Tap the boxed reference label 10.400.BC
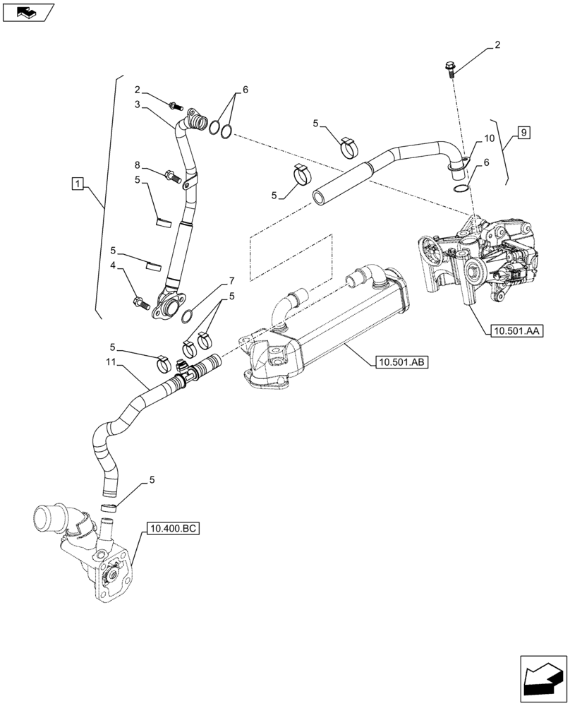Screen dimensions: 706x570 click(174, 528)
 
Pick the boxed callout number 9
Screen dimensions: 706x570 click(523, 132)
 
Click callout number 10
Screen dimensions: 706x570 click(490, 140)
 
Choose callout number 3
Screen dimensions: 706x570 click(138, 104)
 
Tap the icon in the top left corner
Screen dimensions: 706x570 click(28, 12)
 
